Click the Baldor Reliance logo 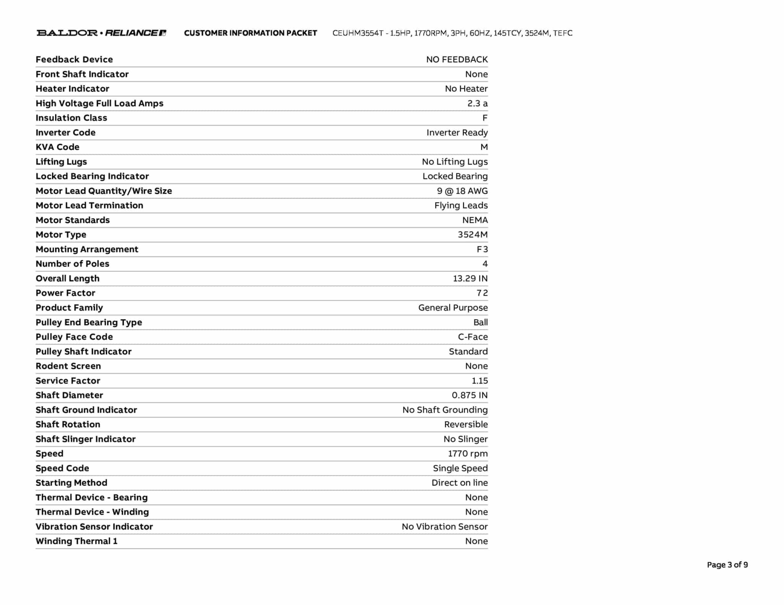101,33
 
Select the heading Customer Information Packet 250,33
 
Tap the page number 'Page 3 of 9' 727,564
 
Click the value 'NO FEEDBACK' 457,59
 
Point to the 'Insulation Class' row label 71,118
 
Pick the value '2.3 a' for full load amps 477,103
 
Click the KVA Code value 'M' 484,147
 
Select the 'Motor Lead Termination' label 89,205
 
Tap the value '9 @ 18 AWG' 462,191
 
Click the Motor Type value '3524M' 472,234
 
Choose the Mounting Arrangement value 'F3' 482,249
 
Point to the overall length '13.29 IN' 470,278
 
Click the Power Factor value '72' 482,293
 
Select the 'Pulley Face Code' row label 74,337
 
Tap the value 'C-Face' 473,337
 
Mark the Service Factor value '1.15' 479,381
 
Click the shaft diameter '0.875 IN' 470,395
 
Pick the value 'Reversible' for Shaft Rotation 466,424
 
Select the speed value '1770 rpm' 468,454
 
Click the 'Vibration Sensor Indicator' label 94,527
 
